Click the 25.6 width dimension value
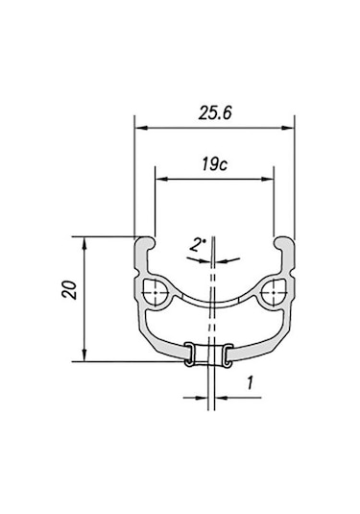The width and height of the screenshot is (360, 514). pos(214,111)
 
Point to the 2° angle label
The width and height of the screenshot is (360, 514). pos(196,245)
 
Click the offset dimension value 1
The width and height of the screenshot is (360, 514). pos(250,381)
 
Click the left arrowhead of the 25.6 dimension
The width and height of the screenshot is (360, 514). pos(140,125)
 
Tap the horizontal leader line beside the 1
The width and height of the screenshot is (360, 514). pos(231,395)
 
